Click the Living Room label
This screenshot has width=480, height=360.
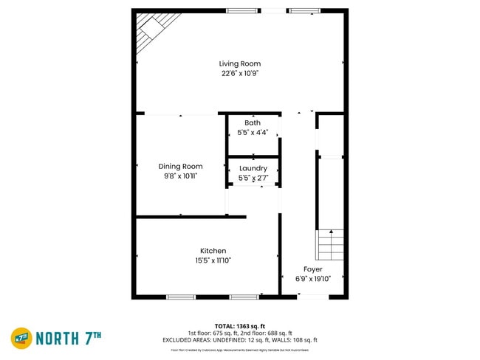point(239,63)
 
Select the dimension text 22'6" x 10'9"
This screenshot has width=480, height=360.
point(239,73)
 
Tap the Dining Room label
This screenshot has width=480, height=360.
point(180,166)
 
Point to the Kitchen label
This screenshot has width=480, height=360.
point(213,251)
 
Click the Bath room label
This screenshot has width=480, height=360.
point(253,122)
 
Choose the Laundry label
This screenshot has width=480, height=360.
point(253,169)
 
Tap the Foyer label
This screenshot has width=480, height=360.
point(313,269)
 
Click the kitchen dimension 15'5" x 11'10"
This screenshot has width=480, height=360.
point(213,260)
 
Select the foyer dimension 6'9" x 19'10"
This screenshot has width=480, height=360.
point(313,279)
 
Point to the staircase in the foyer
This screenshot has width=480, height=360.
point(330,245)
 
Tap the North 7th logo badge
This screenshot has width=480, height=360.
point(21,338)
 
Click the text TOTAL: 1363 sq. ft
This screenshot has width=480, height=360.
point(239,325)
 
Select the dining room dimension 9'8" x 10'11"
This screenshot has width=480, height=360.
point(180,176)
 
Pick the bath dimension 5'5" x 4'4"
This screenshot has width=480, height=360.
point(253,132)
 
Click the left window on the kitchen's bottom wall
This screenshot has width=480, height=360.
point(180,297)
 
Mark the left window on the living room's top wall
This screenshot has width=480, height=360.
point(238,10)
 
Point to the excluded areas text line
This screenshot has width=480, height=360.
point(239,340)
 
